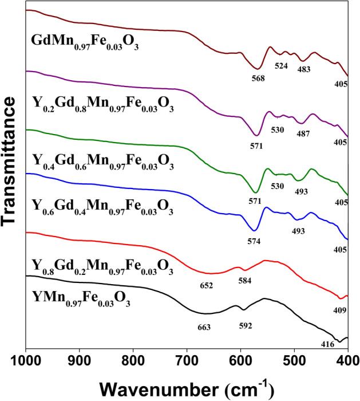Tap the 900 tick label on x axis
(x=79, y=361)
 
